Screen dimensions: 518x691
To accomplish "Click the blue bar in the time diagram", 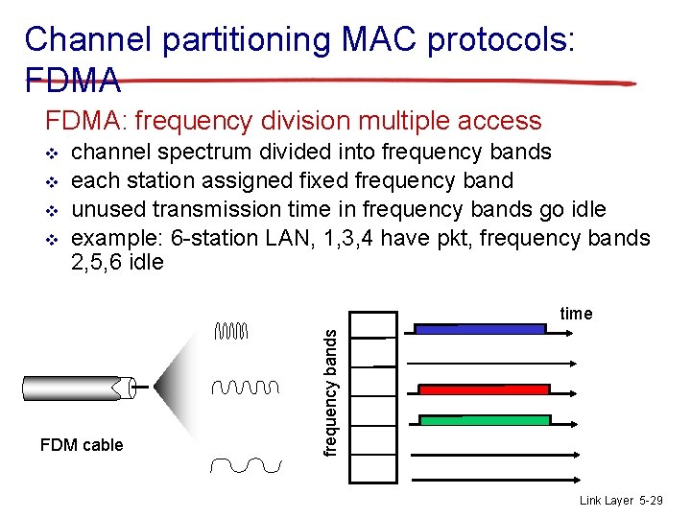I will [x=479, y=328].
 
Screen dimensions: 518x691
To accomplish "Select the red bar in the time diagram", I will [x=485, y=389].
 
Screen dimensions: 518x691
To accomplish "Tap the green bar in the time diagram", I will [x=485, y=420].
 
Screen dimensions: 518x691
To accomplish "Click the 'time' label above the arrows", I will [x=576, y=314].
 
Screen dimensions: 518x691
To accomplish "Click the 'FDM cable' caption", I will [x=82, y=445].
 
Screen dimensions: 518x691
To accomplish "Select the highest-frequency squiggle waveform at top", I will [x=231, y=332].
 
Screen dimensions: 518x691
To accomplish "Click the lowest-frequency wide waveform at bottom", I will [x=246, y=465].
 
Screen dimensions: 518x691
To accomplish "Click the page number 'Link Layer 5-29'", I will [x=620, y=501].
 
